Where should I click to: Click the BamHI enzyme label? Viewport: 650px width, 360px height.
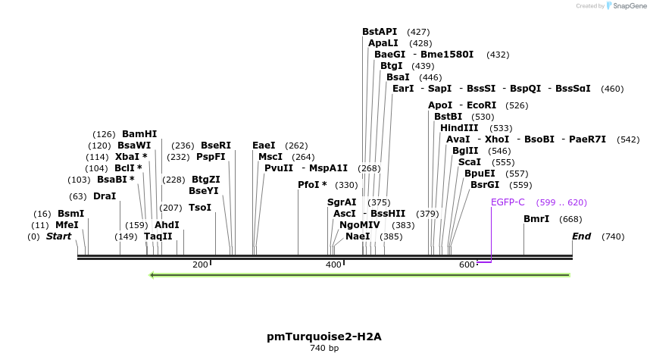click(139, 134)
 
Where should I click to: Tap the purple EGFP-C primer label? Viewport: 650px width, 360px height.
click(508, 202)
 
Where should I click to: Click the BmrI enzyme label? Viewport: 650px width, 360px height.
click(536, 219)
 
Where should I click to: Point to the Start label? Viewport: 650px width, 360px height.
click(58, 236)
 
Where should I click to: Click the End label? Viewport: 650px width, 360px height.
click(581, 236)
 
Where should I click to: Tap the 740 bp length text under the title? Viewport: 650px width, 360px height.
click(323, 349)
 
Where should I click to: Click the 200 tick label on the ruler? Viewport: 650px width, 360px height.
click(200, 265)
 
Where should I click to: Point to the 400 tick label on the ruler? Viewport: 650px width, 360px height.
click(333, 265)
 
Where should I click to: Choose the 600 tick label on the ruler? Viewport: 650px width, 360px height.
click(467, 265)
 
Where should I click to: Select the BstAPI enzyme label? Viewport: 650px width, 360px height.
click(380, 32)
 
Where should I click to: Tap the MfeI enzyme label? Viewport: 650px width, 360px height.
click(67, 225)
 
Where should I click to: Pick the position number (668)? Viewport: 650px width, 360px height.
click(570, 219)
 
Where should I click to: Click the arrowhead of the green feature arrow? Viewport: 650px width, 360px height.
click(154, 274)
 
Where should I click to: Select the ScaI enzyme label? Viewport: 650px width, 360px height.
click(470, 162)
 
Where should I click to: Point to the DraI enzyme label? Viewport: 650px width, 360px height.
click(105, 196)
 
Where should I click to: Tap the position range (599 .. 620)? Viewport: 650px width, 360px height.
click(561, 202)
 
